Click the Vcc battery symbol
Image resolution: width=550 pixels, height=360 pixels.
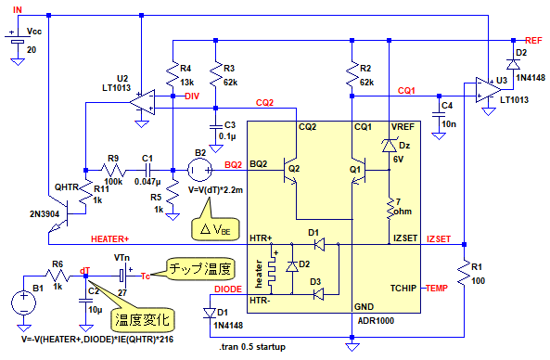pos(18,39)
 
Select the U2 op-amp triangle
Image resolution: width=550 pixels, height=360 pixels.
pos(142,102)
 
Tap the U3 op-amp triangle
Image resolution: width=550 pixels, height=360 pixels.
pos(489,90)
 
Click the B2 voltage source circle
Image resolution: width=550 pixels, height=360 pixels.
pos(200,170)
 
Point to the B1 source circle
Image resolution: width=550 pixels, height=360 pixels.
pos(23,302)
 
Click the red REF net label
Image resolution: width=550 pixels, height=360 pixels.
pos(533,41)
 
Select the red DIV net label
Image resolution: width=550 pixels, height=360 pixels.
pos(192,96)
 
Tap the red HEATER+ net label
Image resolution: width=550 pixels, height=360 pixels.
pos(109,239)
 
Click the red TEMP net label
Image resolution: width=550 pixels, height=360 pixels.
pos(437,289)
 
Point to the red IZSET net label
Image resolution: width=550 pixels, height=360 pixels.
pos(439,239)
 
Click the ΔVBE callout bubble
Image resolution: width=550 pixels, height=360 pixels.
pos(215,225)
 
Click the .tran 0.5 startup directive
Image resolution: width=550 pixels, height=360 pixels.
pos(252,347)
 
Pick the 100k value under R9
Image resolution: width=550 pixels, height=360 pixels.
pos(113,182)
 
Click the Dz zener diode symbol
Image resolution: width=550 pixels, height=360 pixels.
pos(389,146)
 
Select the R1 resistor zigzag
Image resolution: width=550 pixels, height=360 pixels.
pos(464,273)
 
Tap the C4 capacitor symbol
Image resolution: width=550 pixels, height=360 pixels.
pos(439,114)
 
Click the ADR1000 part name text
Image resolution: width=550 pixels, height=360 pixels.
pos(376,321)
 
